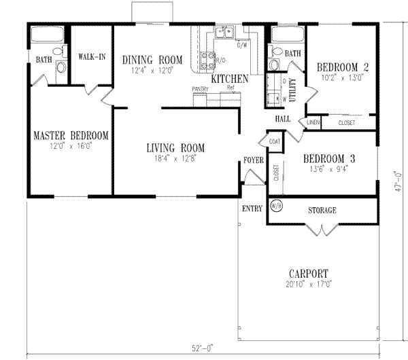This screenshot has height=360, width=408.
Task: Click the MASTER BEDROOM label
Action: pos(71,135)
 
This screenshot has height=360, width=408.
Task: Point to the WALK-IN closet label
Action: pos(91,56)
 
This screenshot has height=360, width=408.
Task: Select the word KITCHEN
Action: pos(229,79)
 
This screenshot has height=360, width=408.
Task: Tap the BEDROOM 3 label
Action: pos(328,154)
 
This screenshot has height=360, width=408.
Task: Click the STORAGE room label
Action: pos(322,211)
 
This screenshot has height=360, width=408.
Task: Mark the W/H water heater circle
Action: pos(277,206)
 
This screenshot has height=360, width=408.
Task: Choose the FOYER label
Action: pos(254,160)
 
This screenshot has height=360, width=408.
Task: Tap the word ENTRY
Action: pos(251,208)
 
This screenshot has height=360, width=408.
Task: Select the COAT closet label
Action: pos(275,141)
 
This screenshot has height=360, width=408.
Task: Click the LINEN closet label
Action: pos(313,122)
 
